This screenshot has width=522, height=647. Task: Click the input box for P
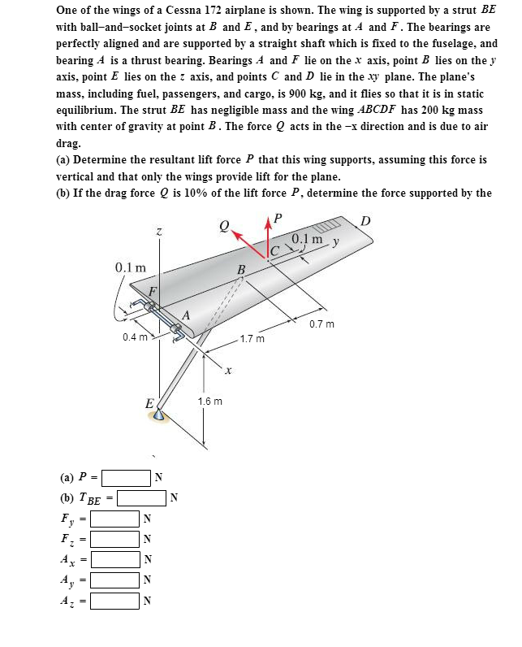pos(126,476)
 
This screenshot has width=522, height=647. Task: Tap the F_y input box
pos(114,518)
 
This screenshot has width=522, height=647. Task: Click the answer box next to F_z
pos(114,539)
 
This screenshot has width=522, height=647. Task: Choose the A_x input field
pos(114,559)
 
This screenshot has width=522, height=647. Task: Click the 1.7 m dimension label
pos(253,337)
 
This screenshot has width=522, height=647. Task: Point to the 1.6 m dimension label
pos(209,401)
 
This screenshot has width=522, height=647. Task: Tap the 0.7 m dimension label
pos(321,324)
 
